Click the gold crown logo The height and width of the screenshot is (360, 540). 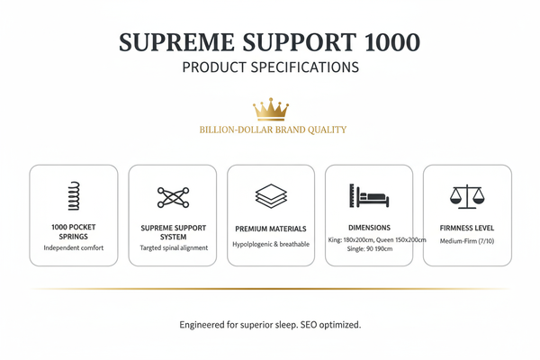pos(269,110)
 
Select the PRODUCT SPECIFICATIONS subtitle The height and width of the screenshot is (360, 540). pos(269,67)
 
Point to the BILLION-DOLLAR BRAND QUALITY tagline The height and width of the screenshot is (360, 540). pos(273,130)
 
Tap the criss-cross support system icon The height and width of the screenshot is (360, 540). pos(173,197)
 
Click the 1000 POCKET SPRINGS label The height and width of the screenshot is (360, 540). pos(74,231)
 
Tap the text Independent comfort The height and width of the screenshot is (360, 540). pos(74,247)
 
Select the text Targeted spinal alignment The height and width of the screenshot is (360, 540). pos(173,247)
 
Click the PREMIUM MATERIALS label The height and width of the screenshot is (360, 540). pos(271,229)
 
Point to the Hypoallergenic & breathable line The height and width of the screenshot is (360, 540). pos(271,244)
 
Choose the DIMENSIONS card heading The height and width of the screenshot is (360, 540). pos(369,227)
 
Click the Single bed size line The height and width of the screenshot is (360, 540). pos(369,249)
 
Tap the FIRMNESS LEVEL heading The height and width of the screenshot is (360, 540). pos(467,229)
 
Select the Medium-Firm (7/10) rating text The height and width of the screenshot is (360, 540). pos(467,240)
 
